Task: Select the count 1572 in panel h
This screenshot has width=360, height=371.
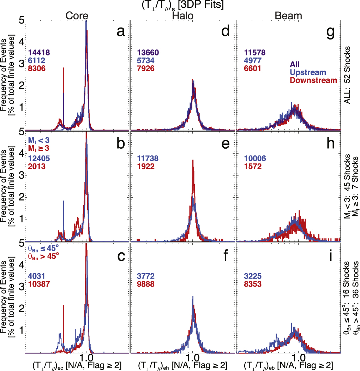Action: tap(253, 166)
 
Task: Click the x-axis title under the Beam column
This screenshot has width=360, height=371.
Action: tap(289, 366)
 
